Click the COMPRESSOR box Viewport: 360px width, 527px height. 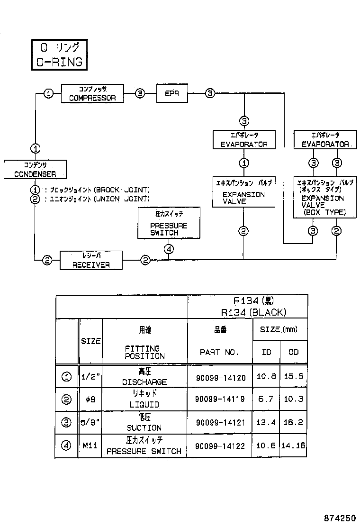point(93,93)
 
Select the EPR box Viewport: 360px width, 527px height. point(172,93)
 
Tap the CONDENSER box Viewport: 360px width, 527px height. point(35,169)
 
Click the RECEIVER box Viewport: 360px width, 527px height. point(91,261)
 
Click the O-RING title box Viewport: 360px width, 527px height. point(59,55)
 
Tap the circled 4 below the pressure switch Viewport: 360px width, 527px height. point(170,248)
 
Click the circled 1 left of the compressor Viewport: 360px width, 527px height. point(48,93)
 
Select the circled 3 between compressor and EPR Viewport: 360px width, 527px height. point(140,93)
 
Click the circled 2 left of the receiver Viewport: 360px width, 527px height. point(47,260)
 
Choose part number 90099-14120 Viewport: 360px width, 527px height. point(220,378)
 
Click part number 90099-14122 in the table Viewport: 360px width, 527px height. point(220,446)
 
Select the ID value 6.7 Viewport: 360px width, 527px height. point(266,400)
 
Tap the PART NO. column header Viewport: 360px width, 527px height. point(219,352)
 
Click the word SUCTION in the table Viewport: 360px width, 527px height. point(144,427)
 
